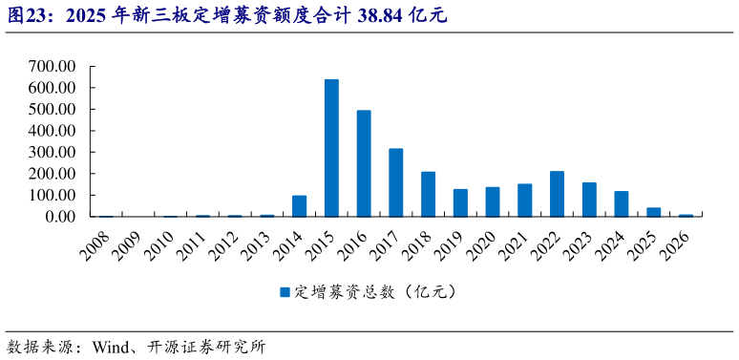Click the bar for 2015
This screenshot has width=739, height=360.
coord(331,148)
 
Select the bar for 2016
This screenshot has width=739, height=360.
coord(364,163)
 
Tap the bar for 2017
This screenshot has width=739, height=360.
coord(396,182)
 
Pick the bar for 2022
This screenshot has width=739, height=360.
coord(558,194)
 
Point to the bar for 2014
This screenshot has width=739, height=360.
coord(299,206)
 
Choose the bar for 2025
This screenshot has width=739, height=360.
coord(654,212)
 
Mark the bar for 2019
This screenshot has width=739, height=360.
coord(460,202)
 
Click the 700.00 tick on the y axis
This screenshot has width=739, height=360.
coord(53,67)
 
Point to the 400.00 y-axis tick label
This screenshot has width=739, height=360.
coord(53,131)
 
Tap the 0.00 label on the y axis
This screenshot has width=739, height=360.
coord(59,217)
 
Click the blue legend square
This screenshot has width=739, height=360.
coord(285,292)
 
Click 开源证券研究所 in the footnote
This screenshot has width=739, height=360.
coord(206,347)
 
